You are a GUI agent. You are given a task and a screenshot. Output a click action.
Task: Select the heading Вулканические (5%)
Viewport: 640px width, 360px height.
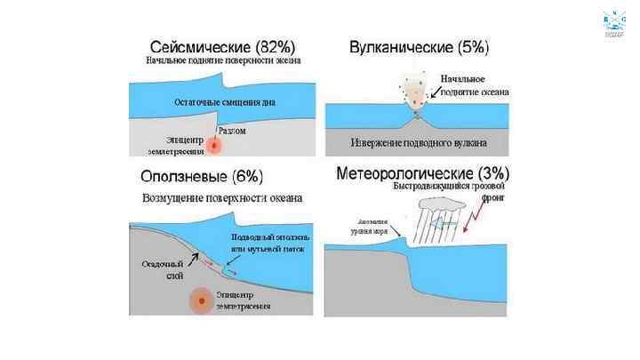point(419,46)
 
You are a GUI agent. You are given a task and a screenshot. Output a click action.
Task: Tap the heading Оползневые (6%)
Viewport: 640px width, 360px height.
point(201,175)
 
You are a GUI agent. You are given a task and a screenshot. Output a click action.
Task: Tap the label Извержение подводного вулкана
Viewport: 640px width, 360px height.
point(415,142)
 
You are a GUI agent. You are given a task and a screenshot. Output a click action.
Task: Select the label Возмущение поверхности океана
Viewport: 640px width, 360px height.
point(222,197)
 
